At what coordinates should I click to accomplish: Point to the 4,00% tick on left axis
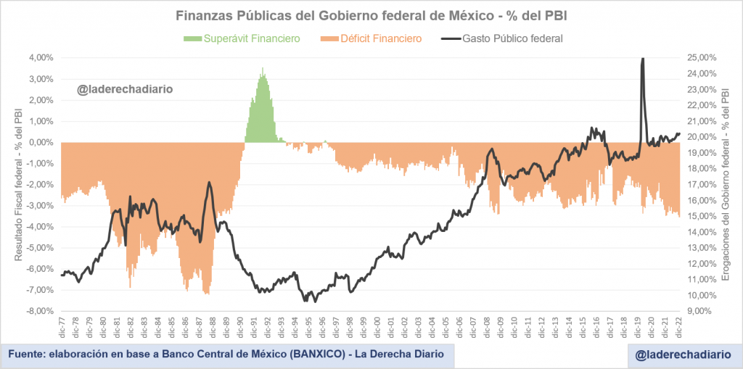tap(42, 58)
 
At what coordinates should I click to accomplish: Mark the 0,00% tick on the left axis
tap(42, 142)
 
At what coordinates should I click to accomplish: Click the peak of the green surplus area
tap(263, 70)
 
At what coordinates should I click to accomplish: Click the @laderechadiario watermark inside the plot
tap(126, 90)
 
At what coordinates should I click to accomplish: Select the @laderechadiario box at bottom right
tap(681, 355)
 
